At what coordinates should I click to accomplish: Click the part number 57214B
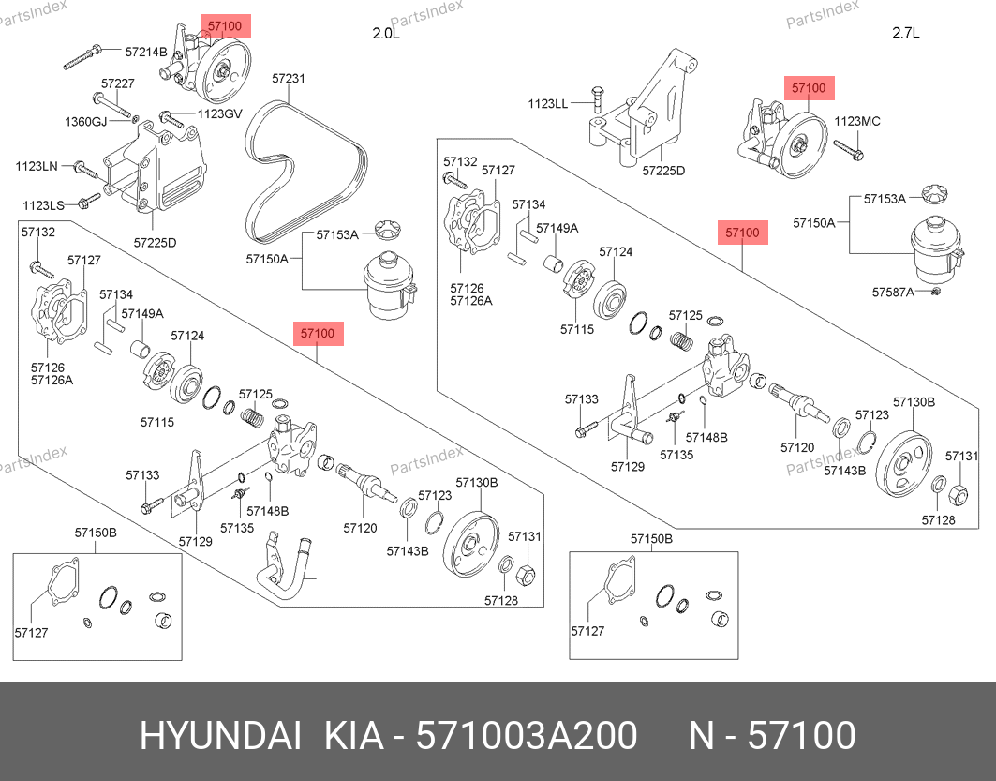click(x=145, y=51)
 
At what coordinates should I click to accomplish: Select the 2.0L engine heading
click(x=386, y=34)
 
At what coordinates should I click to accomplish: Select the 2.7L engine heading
click(x=906, y=34)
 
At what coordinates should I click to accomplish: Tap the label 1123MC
click(x=856, y=122)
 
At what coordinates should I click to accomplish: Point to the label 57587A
click(x=894, y=293)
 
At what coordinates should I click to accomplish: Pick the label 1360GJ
click(x=86, y=122)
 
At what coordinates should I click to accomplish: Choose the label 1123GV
click(x=219, y=114)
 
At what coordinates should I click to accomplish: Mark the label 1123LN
click(x=37, y=166)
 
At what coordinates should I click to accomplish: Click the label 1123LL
click(x=547, y=104)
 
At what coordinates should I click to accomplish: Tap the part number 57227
click(x=118, y=83)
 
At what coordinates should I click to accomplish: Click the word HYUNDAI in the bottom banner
click(x=220, y=736)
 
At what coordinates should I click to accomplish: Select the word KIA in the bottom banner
click(x=353, y=736)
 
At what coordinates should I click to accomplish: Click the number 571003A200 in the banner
click(x=528, y=736)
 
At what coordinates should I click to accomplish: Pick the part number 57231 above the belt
click(x=289, y=80)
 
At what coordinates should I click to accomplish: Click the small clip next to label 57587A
click(x=936, y=293)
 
